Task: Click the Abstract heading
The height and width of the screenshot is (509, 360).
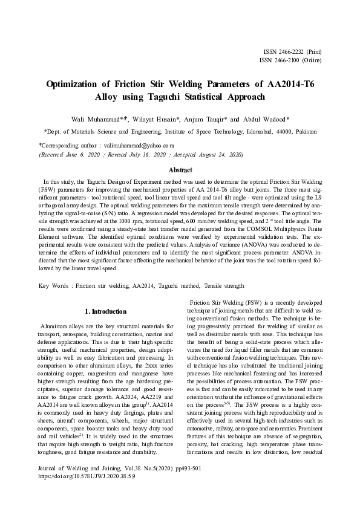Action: click(180, 170)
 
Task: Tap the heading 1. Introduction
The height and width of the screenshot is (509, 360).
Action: click(106, 311)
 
